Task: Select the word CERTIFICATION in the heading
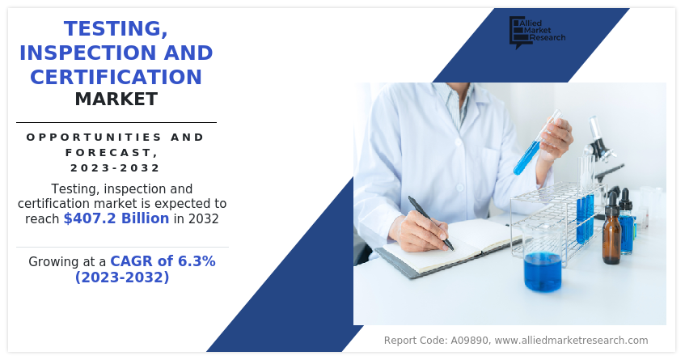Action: pyautogui.click(x=116, y=77)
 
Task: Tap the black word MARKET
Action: pyautogui.click(x=116, y=100)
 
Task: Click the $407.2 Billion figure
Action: pyautogui.click(x=116, y=218)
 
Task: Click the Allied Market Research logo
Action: pyautogui.click(x=537, y=32)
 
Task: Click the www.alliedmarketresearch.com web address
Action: pyautogui.click(x=572, y=341)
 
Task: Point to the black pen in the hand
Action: pyautogui.click(x=431, y=222)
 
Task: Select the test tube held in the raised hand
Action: pyautogui.click(x=536, y=143)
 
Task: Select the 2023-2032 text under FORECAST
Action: pyautogui.click(x=116, y=167)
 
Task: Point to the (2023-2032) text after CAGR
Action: pyautogui.click(x=122, y=277)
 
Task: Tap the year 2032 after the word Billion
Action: pyautogui.click(x=204, y=218)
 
